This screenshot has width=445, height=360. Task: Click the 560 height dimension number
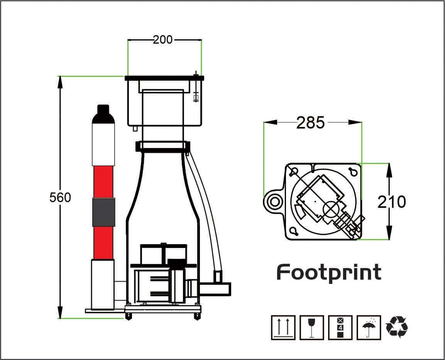[60, 197]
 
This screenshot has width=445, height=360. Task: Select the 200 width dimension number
[162, 39]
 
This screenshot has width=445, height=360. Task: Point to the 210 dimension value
[391, 202]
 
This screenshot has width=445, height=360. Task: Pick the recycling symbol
[397, 327]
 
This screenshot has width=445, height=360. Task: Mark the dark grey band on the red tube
[103, 212]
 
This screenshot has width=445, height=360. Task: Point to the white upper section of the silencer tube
[103, 145]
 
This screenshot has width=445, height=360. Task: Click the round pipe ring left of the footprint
[274, 201]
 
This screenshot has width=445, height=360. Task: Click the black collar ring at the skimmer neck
[162, 147]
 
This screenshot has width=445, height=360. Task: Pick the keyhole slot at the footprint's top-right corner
[352, 171]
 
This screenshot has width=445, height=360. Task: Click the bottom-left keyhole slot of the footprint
[294, 231]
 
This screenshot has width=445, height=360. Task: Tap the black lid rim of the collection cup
[164, 78]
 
